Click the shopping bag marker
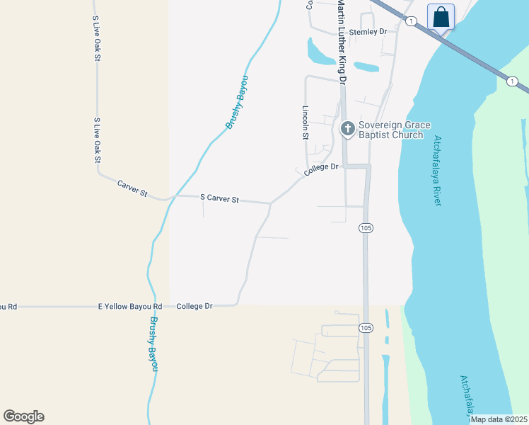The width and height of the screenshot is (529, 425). (x=441, y=16)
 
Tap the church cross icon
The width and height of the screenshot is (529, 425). (x=347, y=128)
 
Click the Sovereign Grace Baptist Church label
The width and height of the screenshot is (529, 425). (x=394, y=130)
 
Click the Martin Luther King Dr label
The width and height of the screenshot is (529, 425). (x=342, y=42)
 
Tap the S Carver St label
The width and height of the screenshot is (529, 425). (x=220, y=199)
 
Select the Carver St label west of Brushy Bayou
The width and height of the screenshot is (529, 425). (x=132, y=188)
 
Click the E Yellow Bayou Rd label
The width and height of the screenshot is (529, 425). (x=129, y=307)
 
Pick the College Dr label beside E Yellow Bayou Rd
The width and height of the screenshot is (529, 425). (x=194, y=307)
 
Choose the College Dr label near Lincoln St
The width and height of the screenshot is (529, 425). (x=322, y=170)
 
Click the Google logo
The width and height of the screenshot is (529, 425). (x=23, y=416)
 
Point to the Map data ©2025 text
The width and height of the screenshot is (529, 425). (x=499, y=419)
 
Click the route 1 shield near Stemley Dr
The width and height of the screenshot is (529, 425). (x=411, y=21)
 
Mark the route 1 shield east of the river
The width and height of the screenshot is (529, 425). (x=511, y=81)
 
